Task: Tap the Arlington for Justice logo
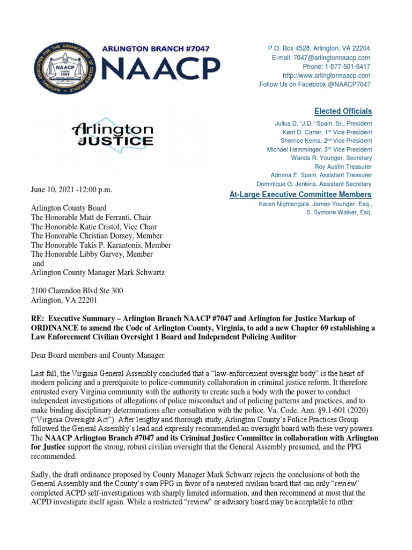[x=113, y=135]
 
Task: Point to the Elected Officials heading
[x=343, y=111]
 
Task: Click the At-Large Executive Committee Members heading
[x=299, y=194]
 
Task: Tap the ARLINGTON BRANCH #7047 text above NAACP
[x=156, y=49]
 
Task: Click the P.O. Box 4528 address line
[x=320, y=48]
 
